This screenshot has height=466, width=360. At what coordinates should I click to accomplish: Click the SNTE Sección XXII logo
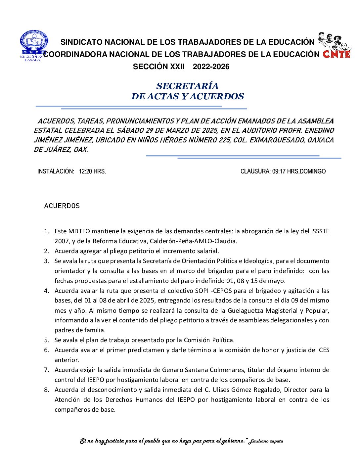(x=33, y=46)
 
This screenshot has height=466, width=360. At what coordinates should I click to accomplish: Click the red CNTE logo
(x=337, y=54)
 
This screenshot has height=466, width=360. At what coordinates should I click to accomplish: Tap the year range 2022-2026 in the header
(x=211, y=67)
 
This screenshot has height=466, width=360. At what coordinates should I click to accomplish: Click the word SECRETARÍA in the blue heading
(x=187, y=86)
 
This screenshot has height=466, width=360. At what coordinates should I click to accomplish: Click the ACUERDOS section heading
(x=62, y=206)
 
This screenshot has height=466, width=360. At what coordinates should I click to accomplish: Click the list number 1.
(x=47, y=231)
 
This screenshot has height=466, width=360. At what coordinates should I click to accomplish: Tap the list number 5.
(x=47, y=340)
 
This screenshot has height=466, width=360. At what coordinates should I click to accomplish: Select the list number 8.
(x=47, y=390)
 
